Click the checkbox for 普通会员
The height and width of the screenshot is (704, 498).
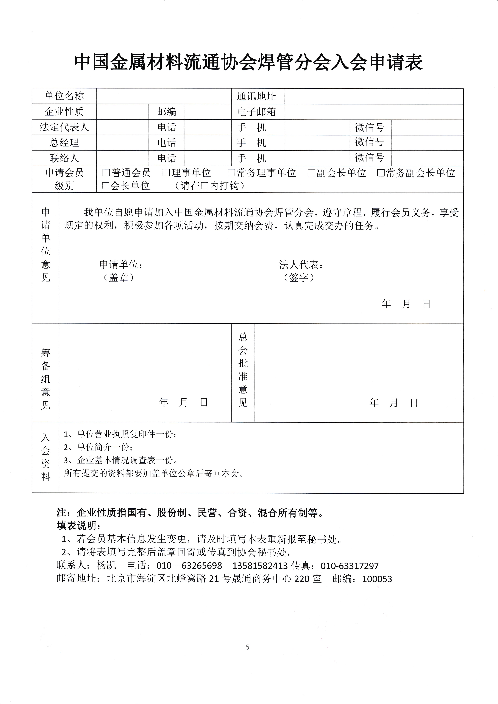click(106, 173)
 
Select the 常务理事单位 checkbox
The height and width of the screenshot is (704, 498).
click(231, 173)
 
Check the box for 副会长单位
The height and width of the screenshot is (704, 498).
click(311, 173)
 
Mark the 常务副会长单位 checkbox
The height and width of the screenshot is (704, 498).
click(381, 173)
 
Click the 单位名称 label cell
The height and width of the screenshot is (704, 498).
click(64, 96)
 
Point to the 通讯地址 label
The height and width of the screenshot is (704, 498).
click(256, 96)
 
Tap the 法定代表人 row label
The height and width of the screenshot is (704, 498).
click(64, 127)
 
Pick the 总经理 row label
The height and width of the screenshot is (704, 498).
click(64, 143)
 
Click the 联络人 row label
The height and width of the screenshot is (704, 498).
click(64, 158)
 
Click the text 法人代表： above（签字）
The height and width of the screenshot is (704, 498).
click(301, 265)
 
